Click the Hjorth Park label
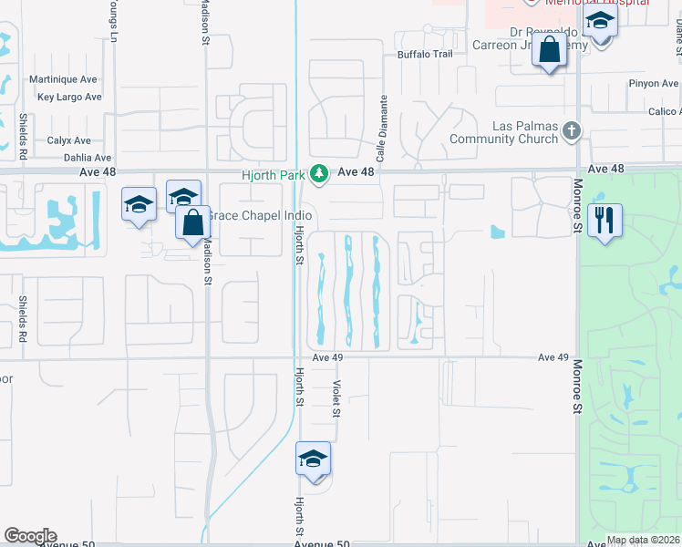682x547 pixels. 273,171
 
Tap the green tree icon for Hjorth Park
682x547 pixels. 319,172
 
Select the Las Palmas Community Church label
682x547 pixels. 506,132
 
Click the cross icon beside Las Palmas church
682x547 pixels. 572,131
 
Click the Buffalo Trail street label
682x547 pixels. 424,55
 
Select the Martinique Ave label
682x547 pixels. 63,79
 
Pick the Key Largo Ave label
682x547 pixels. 69,97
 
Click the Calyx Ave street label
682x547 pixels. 69,141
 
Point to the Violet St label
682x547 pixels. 336,398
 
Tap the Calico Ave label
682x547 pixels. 662,112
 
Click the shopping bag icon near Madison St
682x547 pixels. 193,223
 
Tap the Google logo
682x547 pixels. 30,536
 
